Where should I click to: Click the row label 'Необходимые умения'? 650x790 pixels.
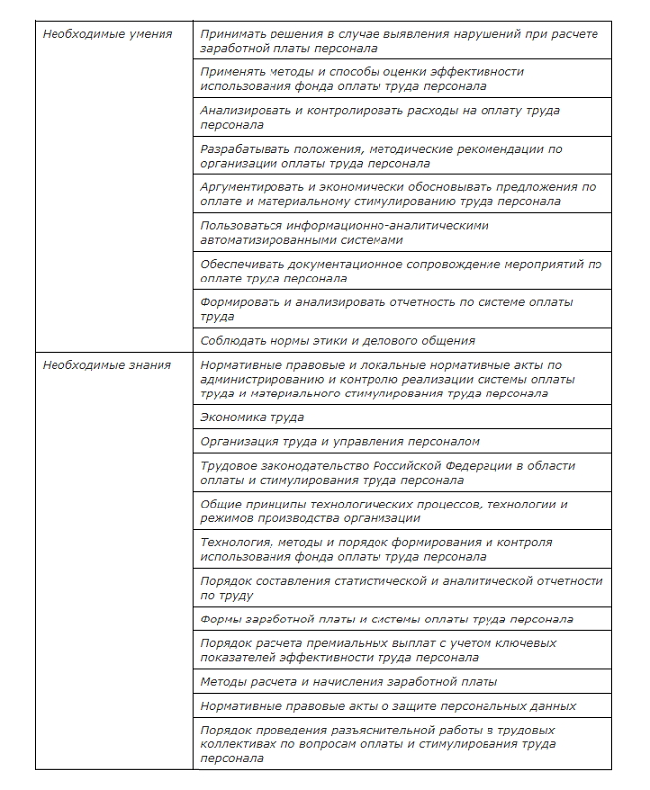coord(107,34)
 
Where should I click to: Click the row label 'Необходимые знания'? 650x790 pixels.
coord(106,365)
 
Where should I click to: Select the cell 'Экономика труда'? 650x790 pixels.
coord(252,418)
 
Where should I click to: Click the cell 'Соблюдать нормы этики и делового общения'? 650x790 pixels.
coord(337,341)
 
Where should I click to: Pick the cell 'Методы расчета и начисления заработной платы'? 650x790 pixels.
coord(348,682)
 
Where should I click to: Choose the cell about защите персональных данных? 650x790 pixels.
coord(387,706)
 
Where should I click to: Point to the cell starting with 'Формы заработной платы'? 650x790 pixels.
coord(385,620)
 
